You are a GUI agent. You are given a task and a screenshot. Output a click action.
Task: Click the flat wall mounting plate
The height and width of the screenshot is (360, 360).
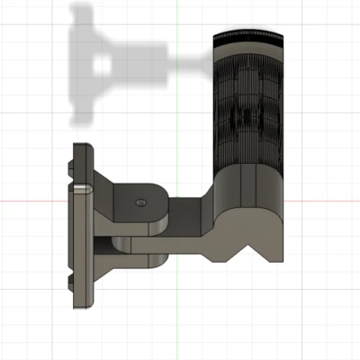79,243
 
